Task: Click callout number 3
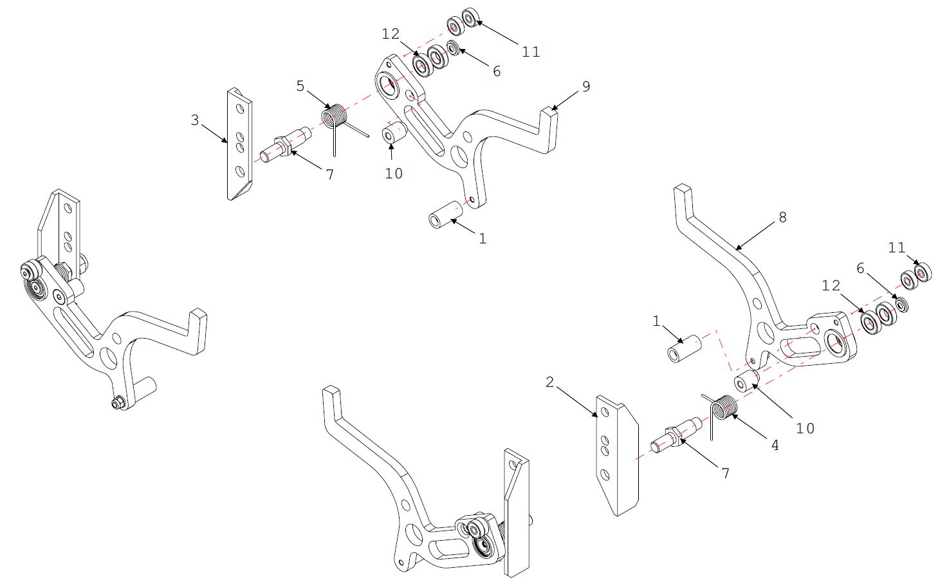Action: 195,120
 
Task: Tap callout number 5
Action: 300,86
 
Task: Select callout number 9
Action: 585,86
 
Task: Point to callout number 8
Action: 782,218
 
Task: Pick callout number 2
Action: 549,382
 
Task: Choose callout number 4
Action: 775,445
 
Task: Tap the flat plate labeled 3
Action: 239,144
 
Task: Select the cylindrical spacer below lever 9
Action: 445,214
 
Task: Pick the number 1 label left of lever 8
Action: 656,321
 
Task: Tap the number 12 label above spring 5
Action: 391,33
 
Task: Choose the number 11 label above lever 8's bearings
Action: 897,247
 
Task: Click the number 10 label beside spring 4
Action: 806,428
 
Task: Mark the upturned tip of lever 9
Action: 548,117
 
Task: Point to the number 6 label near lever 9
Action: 497,71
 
